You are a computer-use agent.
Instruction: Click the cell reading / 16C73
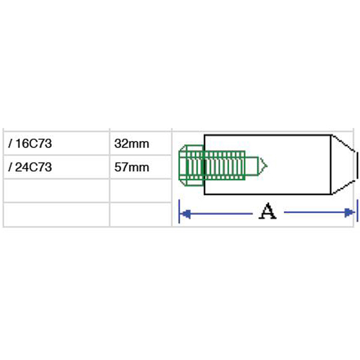(x=56, y=143)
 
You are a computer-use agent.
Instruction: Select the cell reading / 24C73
(x=56, y=167)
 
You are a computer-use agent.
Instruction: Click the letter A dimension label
(x=268, y=211)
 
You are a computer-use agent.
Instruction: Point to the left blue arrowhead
(x=186, y=214)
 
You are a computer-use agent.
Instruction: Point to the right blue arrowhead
(x=349, y=212)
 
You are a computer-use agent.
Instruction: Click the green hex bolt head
(x=191, y=166)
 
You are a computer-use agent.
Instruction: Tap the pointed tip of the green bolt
(x=267, y=166)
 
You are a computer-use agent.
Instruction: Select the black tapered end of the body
(x=344, y=164)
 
